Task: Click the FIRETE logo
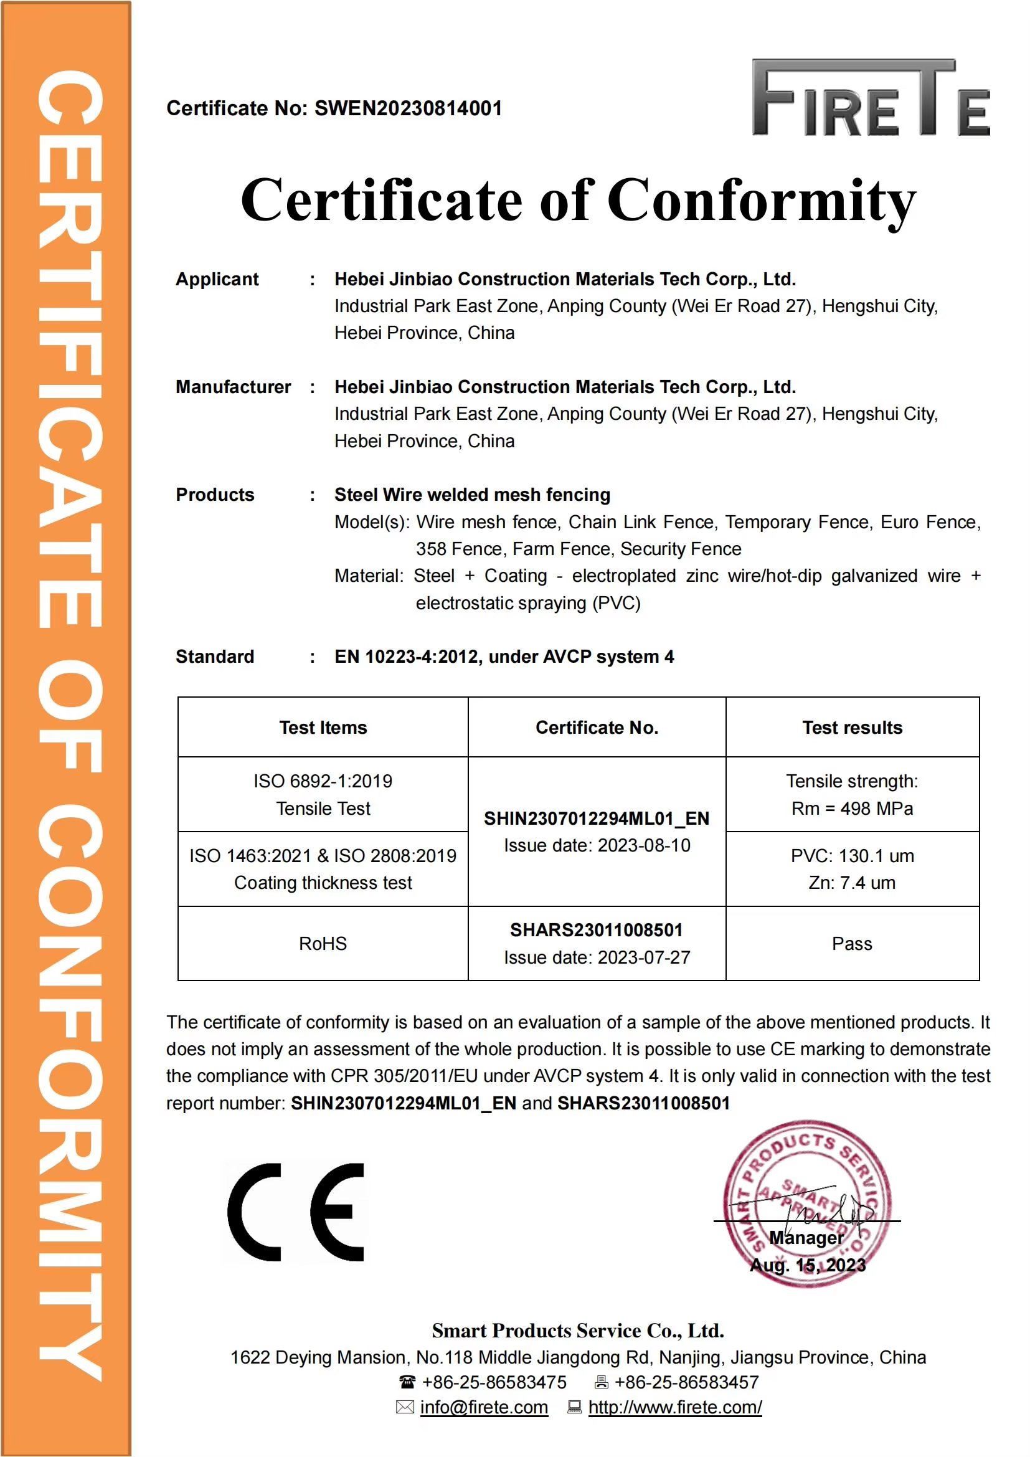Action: click(x=870, y=98)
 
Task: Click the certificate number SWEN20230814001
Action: click(x=408, y=108)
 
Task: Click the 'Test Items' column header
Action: click(x=323, y=727)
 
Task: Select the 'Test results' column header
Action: click(x=852, y=727)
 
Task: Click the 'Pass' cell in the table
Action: click(x=852, y=944)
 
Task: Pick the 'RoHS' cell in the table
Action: click(x=323, y=944)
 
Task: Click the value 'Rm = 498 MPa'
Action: click(x=852, y=809)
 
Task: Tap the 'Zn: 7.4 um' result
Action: click(x=852, y=883)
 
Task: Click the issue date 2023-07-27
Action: click(x=644, y=957)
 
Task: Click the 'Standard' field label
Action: click(x=214, y=657)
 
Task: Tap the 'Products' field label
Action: click(x=214, y=495)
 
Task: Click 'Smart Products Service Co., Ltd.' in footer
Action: click(x=578, y=1330)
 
